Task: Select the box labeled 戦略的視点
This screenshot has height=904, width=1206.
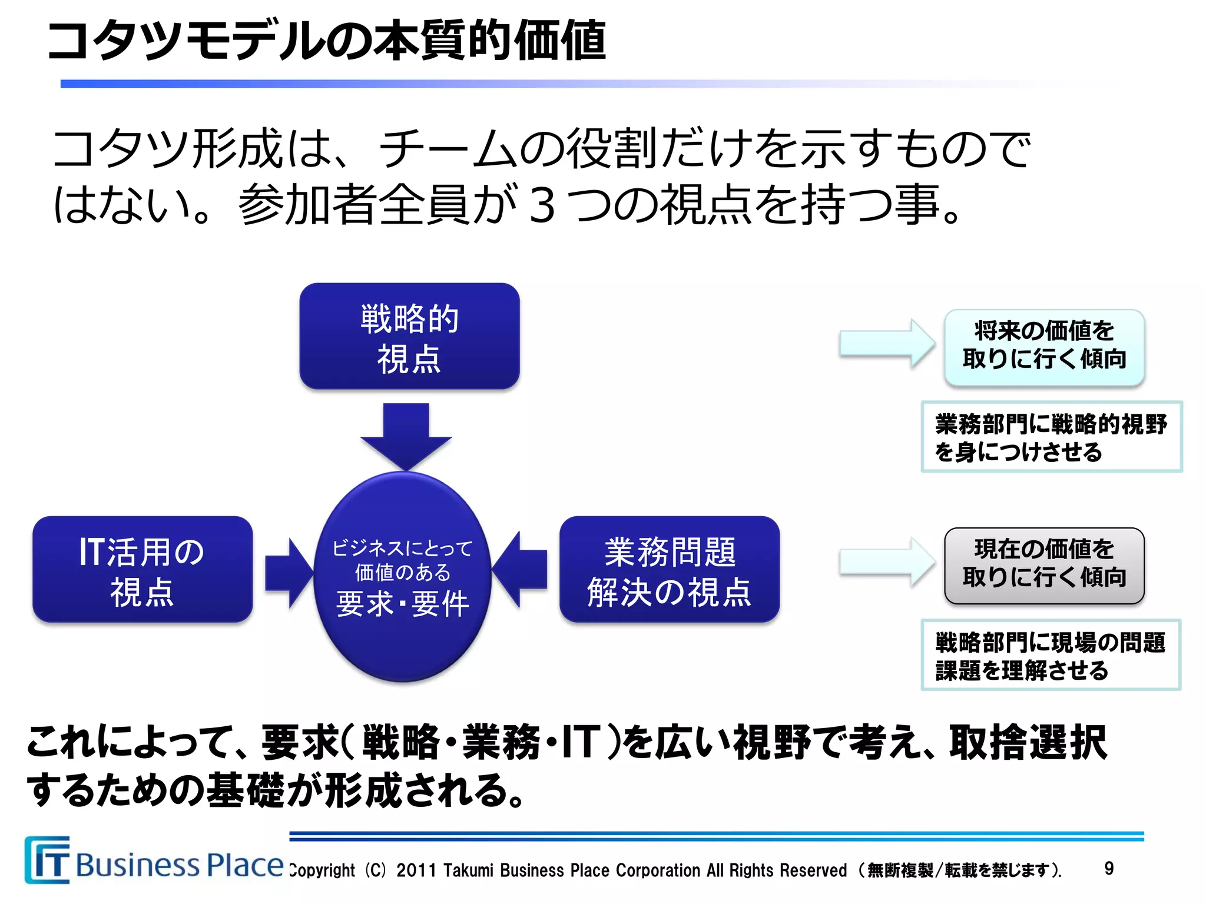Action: click(409, 337)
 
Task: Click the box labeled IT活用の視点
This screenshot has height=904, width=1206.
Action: click(143, 570)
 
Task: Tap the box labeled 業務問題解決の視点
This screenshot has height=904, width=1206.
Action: click(669, 570)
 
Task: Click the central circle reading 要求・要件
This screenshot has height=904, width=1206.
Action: click(403, 577)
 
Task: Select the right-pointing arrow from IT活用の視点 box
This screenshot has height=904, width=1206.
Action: click(288, 573)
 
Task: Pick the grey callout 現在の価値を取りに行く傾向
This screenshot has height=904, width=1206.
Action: click(1044, 565)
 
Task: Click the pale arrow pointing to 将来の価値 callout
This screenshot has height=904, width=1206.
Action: click(886, 344)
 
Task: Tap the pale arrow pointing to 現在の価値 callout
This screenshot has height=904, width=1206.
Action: click(886, 562)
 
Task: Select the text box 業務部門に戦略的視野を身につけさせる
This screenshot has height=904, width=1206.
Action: click(1051, 437)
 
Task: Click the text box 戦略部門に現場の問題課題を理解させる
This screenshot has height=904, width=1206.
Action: click(1051, 654)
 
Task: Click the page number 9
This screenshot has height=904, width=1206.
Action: click(1109, 868)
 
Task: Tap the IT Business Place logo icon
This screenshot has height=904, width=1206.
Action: click(47, 860)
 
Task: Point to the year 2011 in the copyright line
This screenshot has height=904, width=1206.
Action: click(416, 870)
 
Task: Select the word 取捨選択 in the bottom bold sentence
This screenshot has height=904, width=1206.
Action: click(1028, 743)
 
